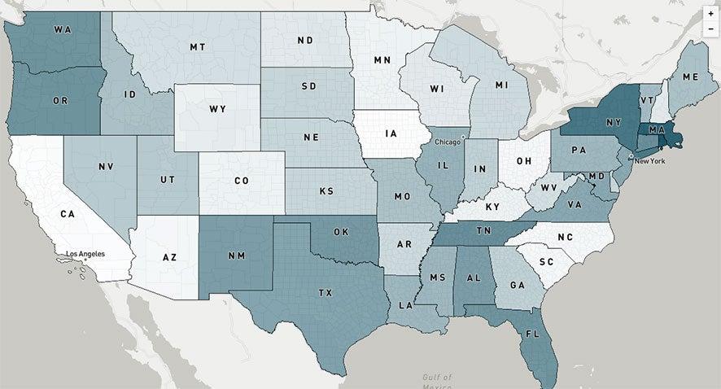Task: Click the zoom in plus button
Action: click(710, 14)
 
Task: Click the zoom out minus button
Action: click(710, 28)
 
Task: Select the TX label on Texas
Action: click(326, 291)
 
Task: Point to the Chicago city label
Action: click(446, 141)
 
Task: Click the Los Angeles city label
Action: click(85, 254)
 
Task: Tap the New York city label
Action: click(649, 161)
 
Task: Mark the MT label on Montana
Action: click(197, 47)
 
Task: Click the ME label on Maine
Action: click(690, 76)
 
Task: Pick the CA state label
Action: click(68, 214)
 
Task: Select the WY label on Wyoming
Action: click(216, 108)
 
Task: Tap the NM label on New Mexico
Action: click(237, 256)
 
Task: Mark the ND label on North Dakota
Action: click(306, 40)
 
